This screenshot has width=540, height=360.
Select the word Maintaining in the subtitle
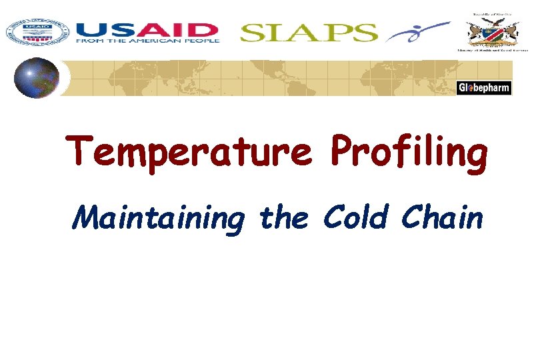(157, 218)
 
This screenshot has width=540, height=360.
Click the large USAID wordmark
(147, 30)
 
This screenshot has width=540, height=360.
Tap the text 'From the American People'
(147, 41)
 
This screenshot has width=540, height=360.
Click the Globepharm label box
(484, 88)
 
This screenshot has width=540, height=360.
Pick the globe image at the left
(37, 77)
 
